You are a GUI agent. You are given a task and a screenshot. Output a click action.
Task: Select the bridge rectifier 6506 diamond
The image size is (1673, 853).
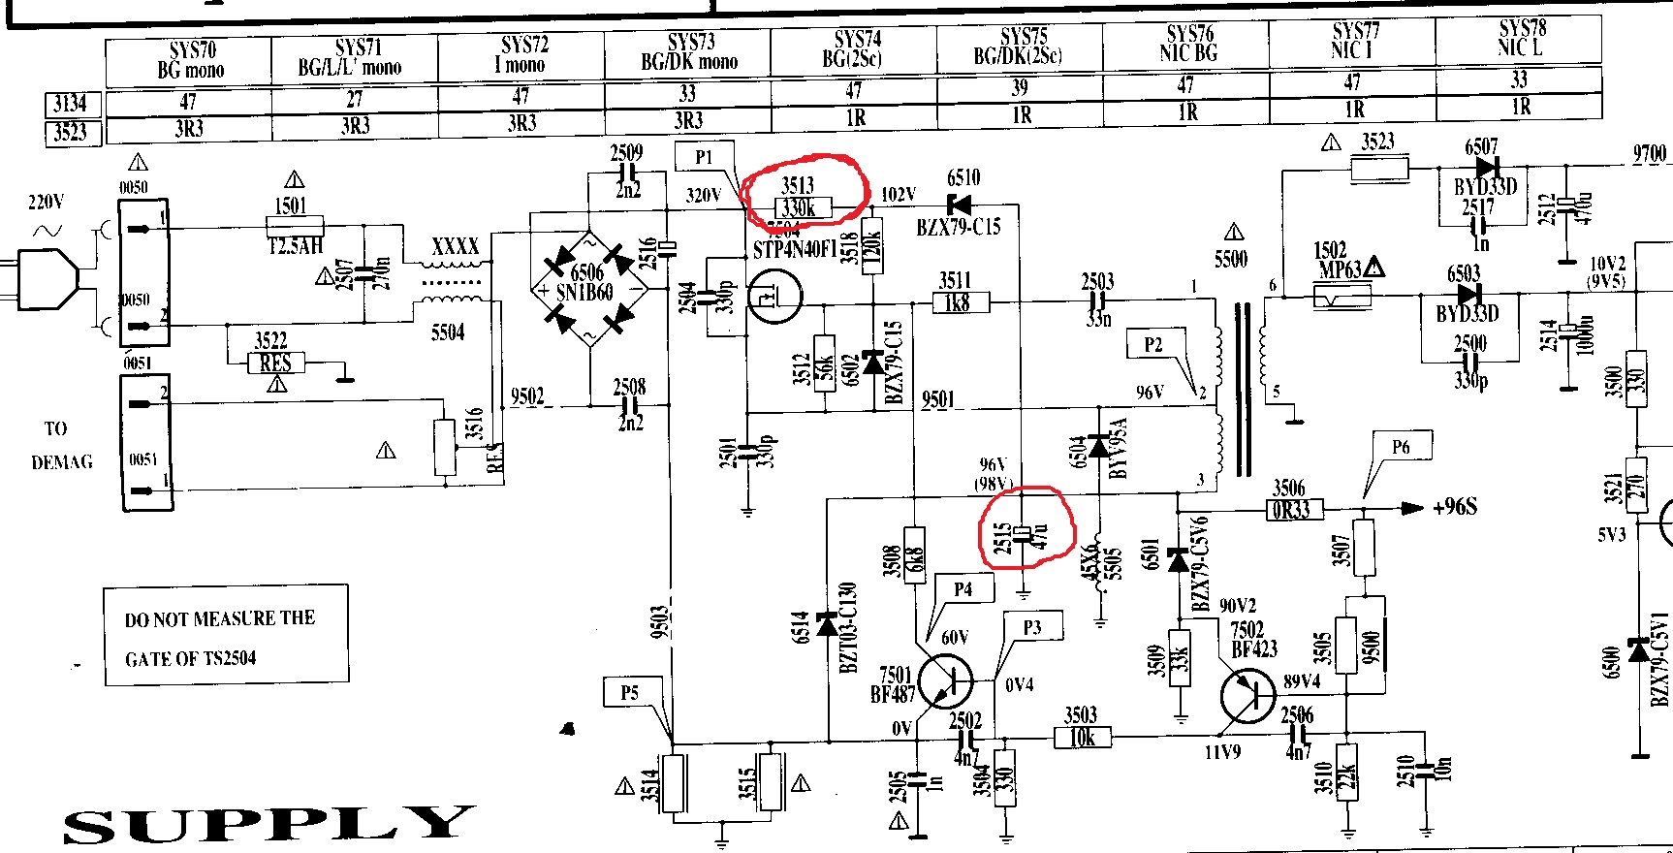[x=589, y=288]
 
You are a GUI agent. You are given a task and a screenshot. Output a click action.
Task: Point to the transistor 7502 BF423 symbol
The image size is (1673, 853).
[x=1248, y=695]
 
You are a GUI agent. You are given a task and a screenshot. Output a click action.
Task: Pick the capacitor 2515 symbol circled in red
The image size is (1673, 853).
[x=1025, y=535]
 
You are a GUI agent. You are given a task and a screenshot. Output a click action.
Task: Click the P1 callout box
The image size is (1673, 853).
[x=704, y=157]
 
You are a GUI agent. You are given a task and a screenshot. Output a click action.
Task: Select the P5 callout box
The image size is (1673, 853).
[x=630, y=692]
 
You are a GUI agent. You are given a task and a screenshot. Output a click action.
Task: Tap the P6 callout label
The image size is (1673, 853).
[x=1401, y=447]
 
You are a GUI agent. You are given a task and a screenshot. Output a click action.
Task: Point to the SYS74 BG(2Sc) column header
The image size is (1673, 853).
[x=854, y=49]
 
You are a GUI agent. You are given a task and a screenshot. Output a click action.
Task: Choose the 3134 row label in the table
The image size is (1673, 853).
[x=71, y=104]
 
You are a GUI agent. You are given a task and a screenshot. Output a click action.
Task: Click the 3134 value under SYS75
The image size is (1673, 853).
[x=1020, y=87]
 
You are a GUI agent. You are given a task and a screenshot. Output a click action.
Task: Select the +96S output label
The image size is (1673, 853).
[x=1454, y=507]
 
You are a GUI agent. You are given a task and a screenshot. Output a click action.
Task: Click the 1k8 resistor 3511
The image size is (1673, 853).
[x=957, y=302]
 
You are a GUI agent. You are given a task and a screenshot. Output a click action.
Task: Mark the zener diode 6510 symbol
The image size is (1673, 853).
[x=960, y=205]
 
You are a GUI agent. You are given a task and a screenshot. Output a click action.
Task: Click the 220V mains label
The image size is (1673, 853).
[x=47, y=203]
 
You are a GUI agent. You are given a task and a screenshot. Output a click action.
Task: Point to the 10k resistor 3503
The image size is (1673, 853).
[x=1082, y=738]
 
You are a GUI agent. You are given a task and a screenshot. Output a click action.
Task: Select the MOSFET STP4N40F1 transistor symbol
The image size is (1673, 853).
[x=775, y=298]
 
